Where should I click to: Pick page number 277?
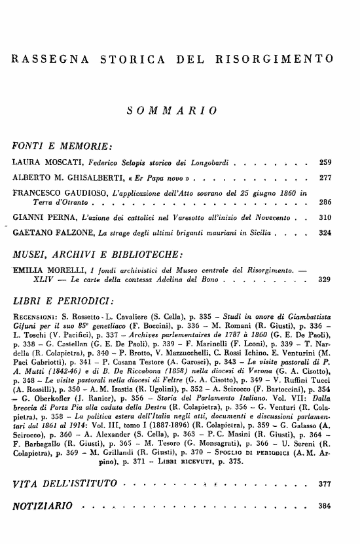(x=324, y=178)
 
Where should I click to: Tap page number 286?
(x=324, y=202)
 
